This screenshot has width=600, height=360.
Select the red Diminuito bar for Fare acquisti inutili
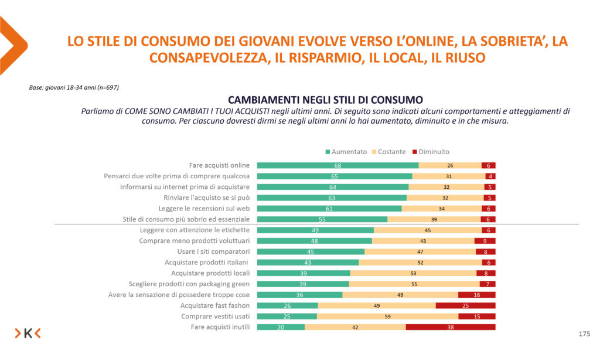pyautogui.click(x=450, y=327)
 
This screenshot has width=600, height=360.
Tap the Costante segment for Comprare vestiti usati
pyautogui.click(x=387, y=317)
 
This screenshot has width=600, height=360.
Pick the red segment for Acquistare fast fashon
pyautogui.click(x=465, y=305)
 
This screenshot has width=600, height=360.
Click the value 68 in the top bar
pyautogui.click(x=338, y=165)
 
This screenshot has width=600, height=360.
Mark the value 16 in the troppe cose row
pyautogui.click(x=477, y=295)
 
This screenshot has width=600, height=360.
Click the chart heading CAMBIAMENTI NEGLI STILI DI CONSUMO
pyautogui.click(x=325, y=99)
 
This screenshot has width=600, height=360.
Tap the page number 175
pyautogui.click(x=584, y=334)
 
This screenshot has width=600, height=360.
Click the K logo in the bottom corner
pyautogui.click(x=28, y=334)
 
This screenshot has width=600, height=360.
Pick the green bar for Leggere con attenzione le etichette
pyautogui.click(x=315, y=230)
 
